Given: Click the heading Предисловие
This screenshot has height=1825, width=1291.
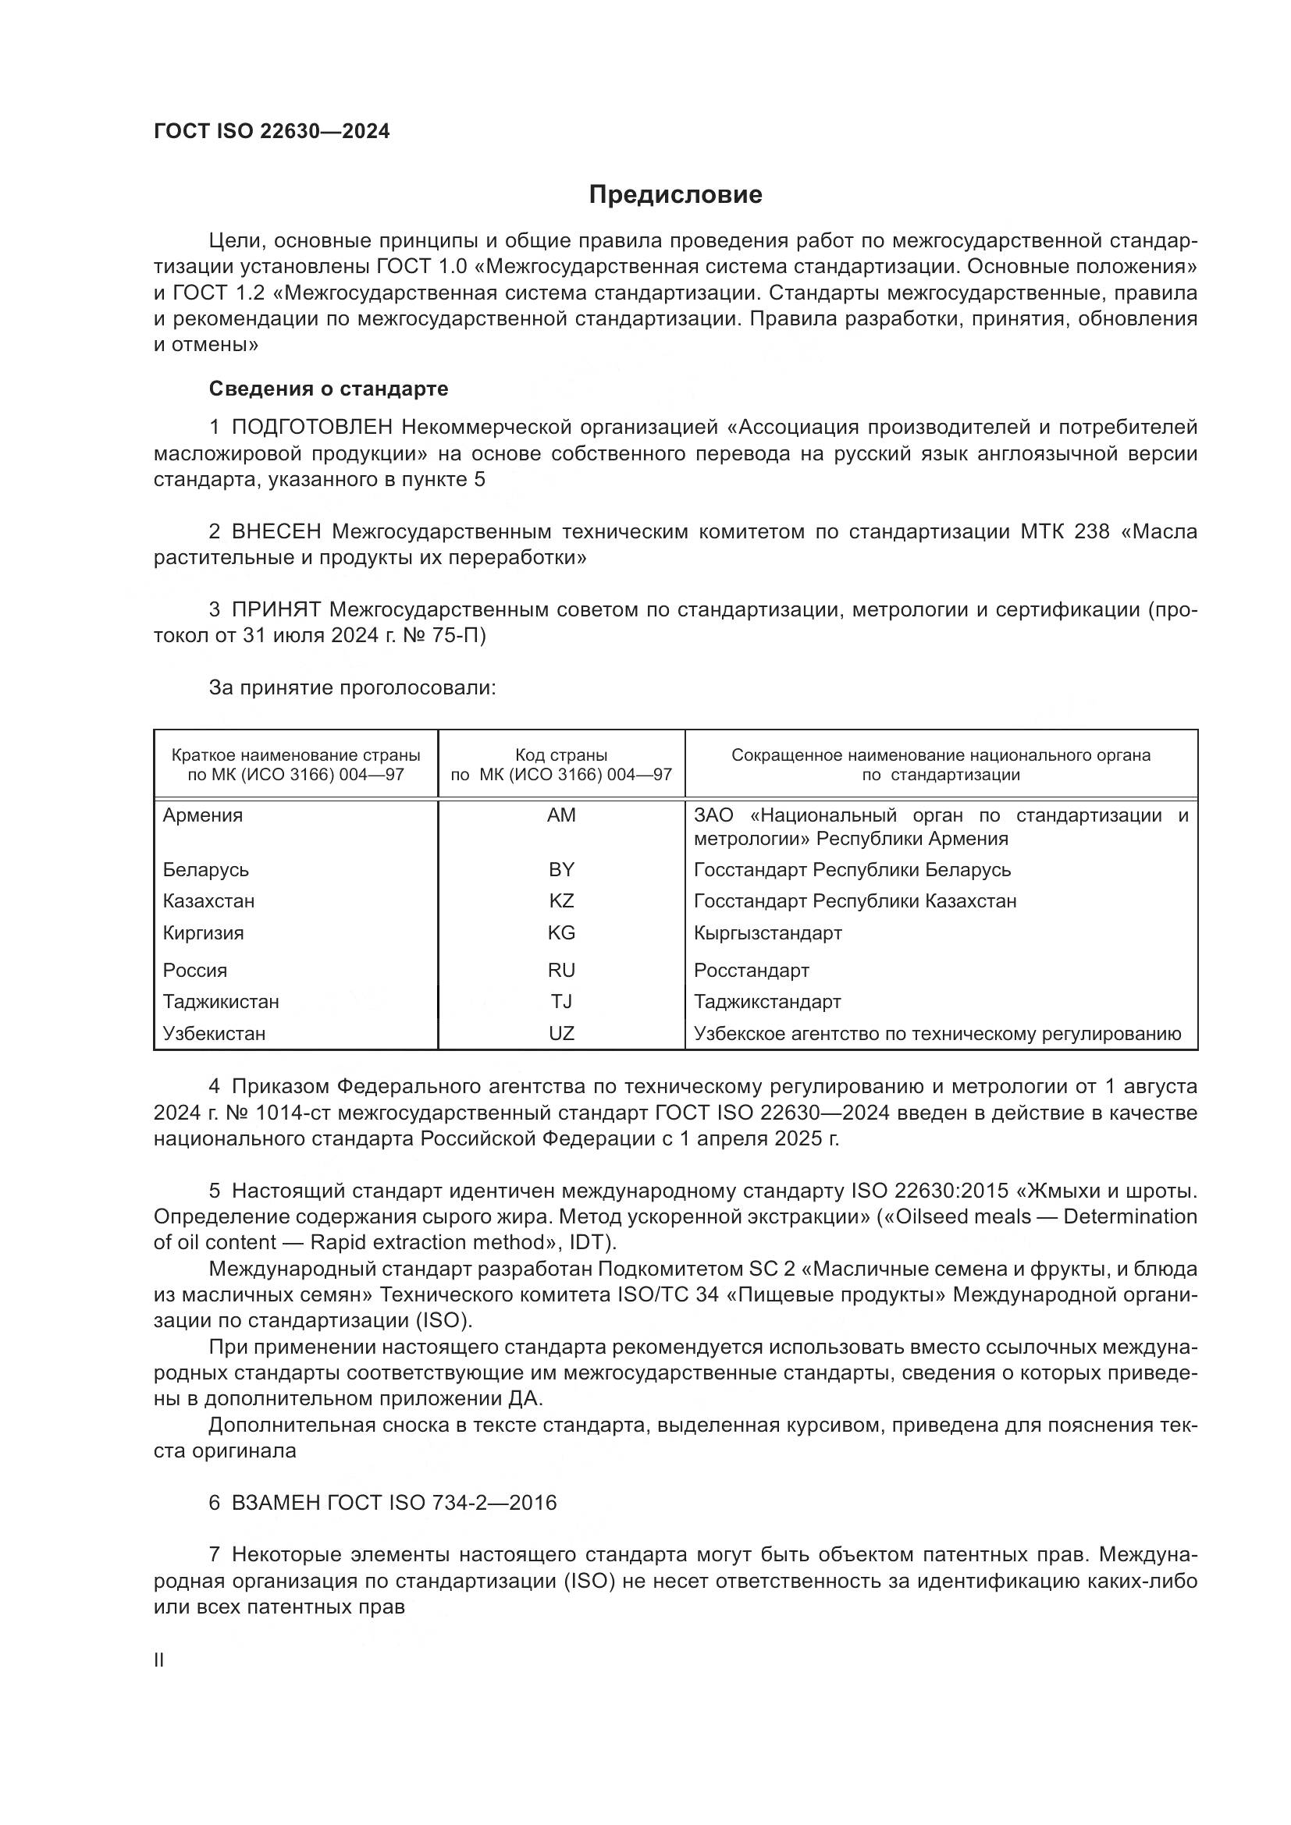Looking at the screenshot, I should click(675, 195).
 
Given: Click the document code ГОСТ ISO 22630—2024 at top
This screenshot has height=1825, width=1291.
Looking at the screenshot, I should click(272, 132).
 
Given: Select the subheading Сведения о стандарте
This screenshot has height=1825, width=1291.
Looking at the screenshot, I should click(329, 389).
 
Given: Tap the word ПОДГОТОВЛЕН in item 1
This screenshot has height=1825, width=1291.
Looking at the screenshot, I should click(312, 428).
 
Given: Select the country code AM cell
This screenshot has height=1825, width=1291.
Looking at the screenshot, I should click(561, 815).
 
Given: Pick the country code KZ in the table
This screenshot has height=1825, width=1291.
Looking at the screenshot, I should click(561, 901).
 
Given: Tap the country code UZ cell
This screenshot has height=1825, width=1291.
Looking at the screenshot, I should click(561, 1033).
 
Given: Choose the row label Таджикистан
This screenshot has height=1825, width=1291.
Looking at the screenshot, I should click(221, 1002).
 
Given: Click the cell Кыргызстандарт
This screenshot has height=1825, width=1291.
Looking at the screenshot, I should click(767, 933).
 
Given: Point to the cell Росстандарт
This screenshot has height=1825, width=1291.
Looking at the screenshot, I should click(751, 971).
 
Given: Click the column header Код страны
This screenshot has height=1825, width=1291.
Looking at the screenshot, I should click(561, 755).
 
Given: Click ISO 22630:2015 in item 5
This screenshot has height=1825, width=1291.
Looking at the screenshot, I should click(930, 1191).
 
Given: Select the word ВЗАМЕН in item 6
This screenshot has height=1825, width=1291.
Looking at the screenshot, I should click(275, 1503).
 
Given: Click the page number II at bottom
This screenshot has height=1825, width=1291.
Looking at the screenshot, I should click(159, 1660).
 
